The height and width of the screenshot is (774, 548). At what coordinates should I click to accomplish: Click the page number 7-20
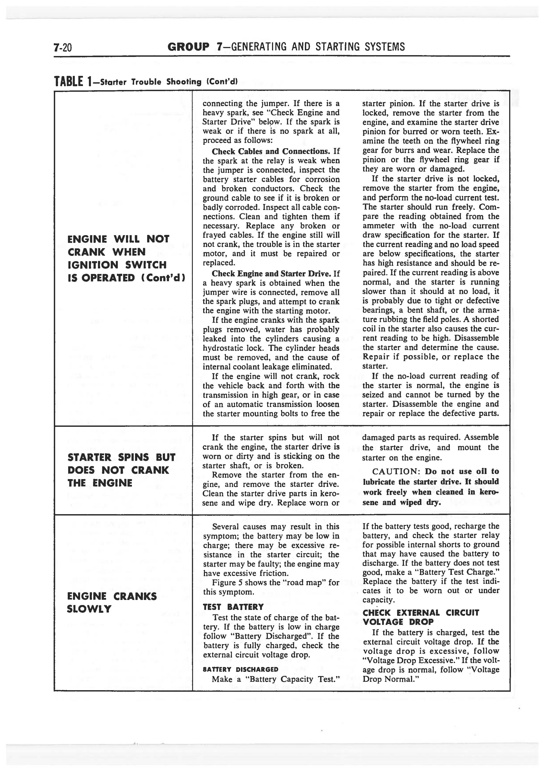(63, 47)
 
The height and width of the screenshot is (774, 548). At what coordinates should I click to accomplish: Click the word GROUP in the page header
(188, 47)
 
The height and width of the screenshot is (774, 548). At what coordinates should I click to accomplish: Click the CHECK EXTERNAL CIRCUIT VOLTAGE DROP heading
(420, 617)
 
